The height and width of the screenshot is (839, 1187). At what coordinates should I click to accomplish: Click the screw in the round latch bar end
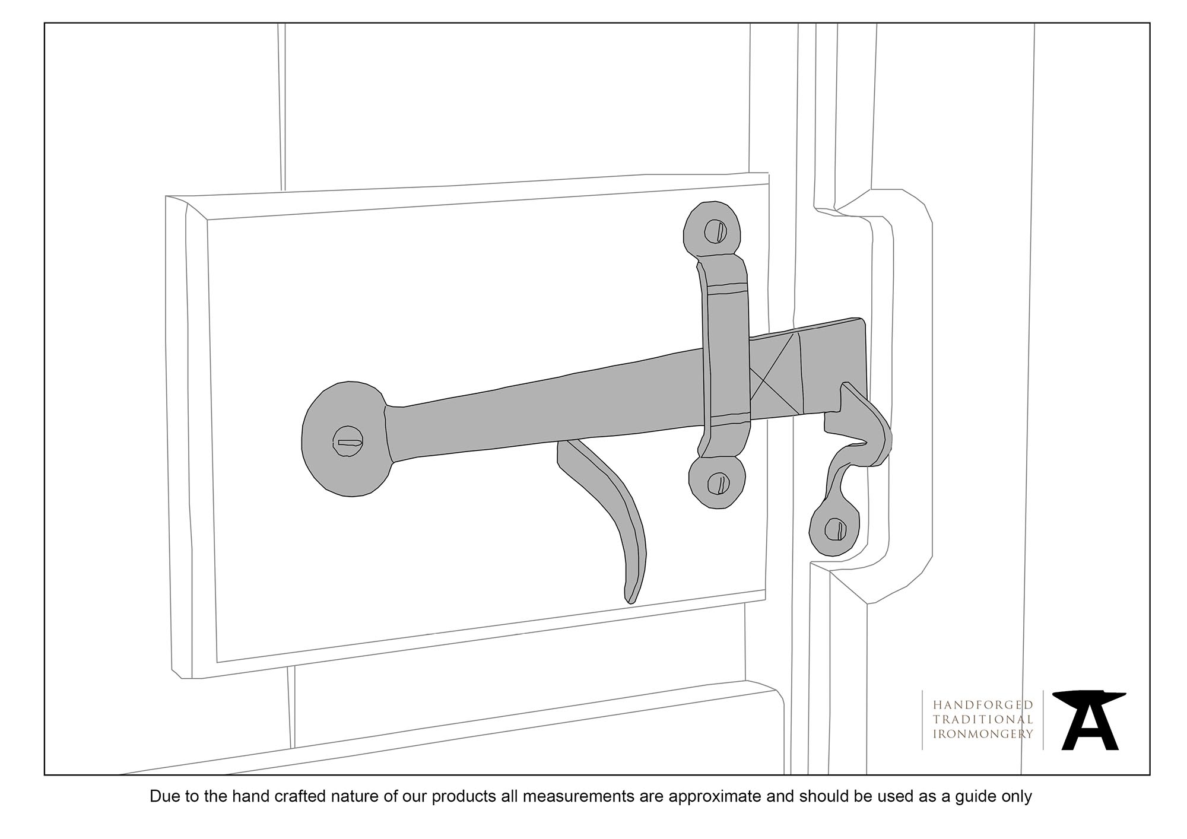348,442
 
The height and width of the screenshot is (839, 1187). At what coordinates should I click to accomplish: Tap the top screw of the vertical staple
716,231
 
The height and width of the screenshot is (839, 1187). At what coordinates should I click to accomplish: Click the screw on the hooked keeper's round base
836,529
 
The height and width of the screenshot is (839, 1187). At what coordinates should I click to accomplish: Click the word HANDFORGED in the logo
983,705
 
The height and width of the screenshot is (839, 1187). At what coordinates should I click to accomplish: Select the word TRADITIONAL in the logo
983,719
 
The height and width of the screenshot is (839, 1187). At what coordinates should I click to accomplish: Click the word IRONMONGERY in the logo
983,734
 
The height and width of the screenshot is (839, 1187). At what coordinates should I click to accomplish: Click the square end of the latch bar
837,362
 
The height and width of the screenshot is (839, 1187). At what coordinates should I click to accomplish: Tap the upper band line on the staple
726,289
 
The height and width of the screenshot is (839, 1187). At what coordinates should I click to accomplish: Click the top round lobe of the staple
713,231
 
